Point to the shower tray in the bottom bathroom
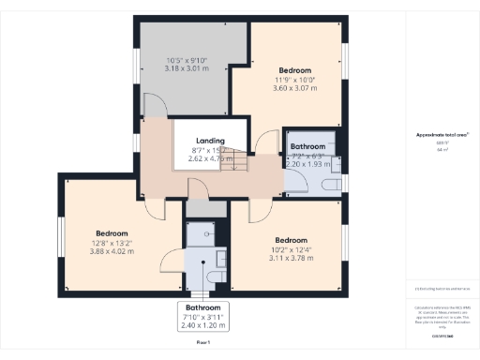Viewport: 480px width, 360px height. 201,233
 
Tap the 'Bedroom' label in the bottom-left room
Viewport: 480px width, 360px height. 111,232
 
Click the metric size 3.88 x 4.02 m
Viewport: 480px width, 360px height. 111,251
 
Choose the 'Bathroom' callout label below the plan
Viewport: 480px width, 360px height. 202,307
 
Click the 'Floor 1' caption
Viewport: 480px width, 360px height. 202,344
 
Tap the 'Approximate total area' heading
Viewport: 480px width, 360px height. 442,135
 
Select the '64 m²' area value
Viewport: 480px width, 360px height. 442,149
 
